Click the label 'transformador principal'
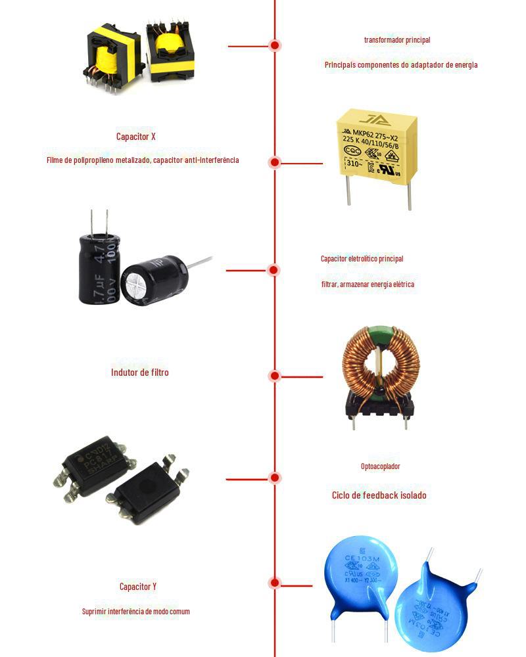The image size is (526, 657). [x=397, y=40]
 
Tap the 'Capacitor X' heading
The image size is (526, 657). [x=135, y=137]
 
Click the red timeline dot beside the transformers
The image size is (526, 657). [x=275, y=45]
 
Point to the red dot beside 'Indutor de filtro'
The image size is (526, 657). [x=275, y=376]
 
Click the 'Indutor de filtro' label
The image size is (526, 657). [x=139, y=373]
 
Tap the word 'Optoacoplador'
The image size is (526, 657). [x=380, y=466]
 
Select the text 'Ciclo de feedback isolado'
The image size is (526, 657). [x=379, y=495]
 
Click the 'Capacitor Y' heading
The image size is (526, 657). [x=138, y=586]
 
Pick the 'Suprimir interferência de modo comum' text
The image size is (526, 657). [x=135, y=612]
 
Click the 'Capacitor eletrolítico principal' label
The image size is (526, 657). [x=362, y=259]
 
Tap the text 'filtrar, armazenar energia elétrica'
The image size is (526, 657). [x=367, y=284]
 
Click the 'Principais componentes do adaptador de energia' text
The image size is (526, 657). [x=400, y=65]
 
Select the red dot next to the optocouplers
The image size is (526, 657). [x=275, y=478]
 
